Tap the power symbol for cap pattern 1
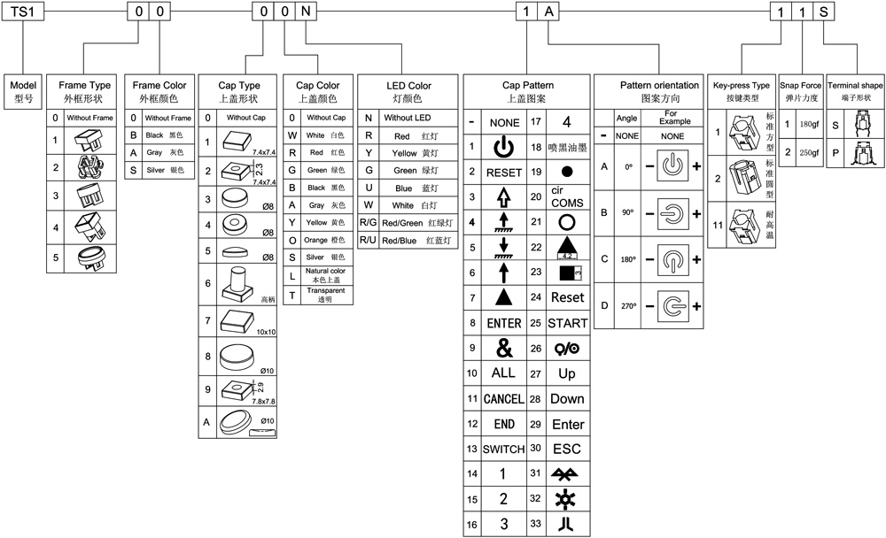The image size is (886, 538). (x=503, y=146)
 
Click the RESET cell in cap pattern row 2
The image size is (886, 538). (x=503, y=172)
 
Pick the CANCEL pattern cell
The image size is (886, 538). (x=503, y=399)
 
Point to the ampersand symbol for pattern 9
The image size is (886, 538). (x=503, y=349)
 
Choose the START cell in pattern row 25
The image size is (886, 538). (x=567, y=323)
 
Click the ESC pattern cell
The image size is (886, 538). (x=567, y=450)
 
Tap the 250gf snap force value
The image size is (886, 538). (x=809, y=152)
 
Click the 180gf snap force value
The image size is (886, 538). (x=809, y=125)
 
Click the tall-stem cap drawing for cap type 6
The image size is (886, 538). (x=238, y=282)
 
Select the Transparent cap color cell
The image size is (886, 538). (x=325, y=295)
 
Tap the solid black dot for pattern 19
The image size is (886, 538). (x=567, y=172)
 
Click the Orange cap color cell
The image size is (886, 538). (x=325, y=239)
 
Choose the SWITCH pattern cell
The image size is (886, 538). (x=503, y=450)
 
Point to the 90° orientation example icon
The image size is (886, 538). (x=672, y=213)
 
